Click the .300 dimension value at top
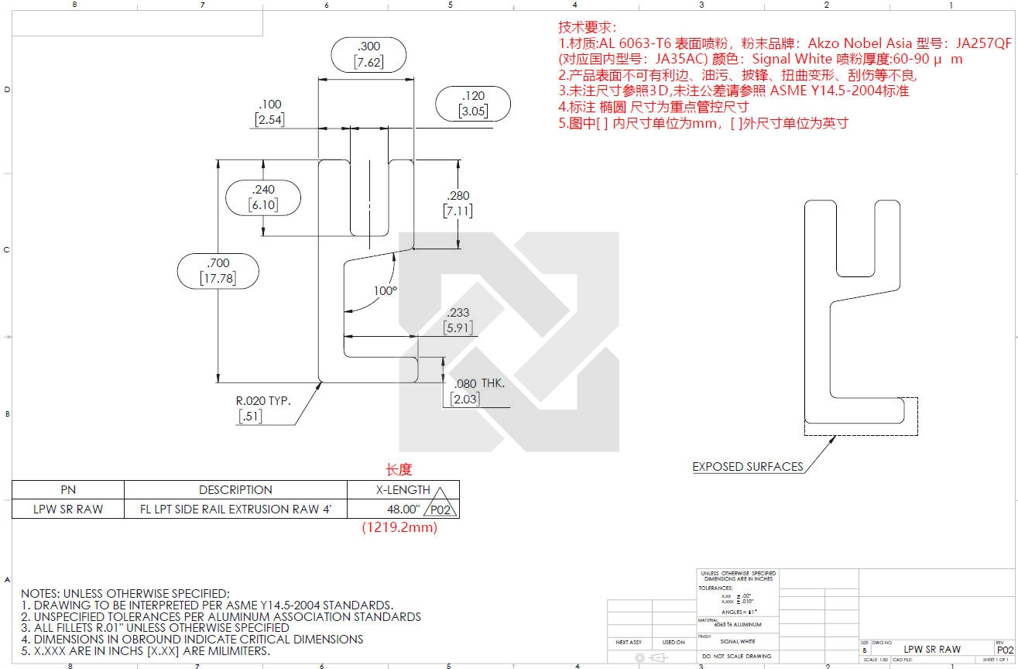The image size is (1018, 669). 369,46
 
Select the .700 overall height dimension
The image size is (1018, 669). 218,263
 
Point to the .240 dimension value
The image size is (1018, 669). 263,190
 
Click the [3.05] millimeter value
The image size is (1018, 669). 472,111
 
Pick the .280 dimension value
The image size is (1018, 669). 458,196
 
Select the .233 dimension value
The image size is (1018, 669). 458,313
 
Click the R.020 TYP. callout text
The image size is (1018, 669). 263,401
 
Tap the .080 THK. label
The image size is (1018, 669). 479,384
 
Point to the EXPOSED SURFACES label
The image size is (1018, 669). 747,466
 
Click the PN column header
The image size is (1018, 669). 68,489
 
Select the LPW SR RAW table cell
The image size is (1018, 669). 68,509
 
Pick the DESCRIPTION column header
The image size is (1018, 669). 235,489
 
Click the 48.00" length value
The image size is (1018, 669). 403,509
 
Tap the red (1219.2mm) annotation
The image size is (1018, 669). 399,527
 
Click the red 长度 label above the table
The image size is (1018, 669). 399,469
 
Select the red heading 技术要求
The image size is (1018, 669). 587,27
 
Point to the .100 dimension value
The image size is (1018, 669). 270,105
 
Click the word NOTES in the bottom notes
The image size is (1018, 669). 40,593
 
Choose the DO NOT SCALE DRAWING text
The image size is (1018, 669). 736,656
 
